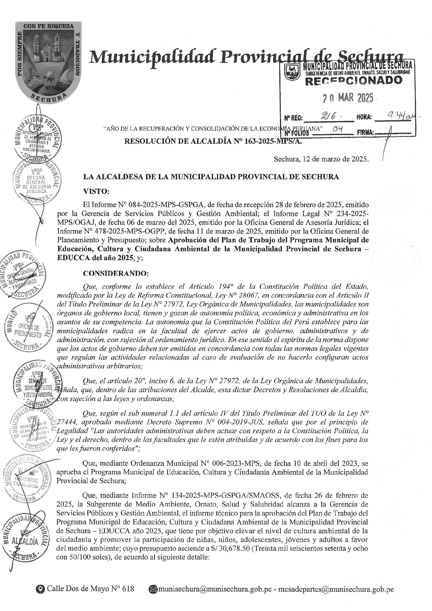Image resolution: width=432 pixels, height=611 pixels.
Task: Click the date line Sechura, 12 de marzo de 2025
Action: coord(321,159)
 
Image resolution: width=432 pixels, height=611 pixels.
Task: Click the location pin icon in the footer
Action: coord(41,589)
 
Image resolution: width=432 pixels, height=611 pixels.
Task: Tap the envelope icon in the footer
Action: coord(153,589)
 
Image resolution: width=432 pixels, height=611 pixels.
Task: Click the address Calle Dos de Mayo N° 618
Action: coord(90,589)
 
